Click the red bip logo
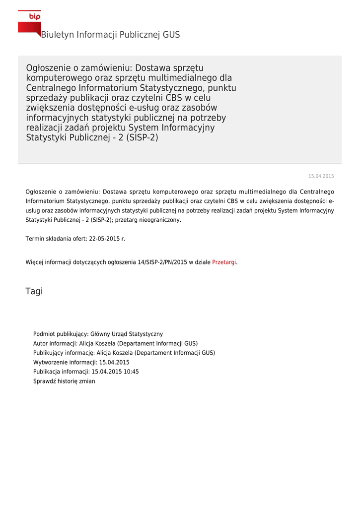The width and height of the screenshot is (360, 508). pos(30,23)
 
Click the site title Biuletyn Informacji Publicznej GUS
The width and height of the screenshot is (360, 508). pos(110,35)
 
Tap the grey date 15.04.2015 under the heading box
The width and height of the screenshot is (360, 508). pos(321,177)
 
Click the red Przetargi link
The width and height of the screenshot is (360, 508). pos(224,262)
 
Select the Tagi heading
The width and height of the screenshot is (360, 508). pos(34,291)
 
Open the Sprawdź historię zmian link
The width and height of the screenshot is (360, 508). pos(64,381)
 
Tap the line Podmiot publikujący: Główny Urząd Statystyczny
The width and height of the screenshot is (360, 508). pos(98,334)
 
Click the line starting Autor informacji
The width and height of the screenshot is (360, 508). pos(115,343)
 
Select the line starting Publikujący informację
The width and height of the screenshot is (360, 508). pos(124,353)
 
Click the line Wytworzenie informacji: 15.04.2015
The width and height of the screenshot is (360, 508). pos(81,362)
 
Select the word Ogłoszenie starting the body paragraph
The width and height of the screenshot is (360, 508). pos(40,191)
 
